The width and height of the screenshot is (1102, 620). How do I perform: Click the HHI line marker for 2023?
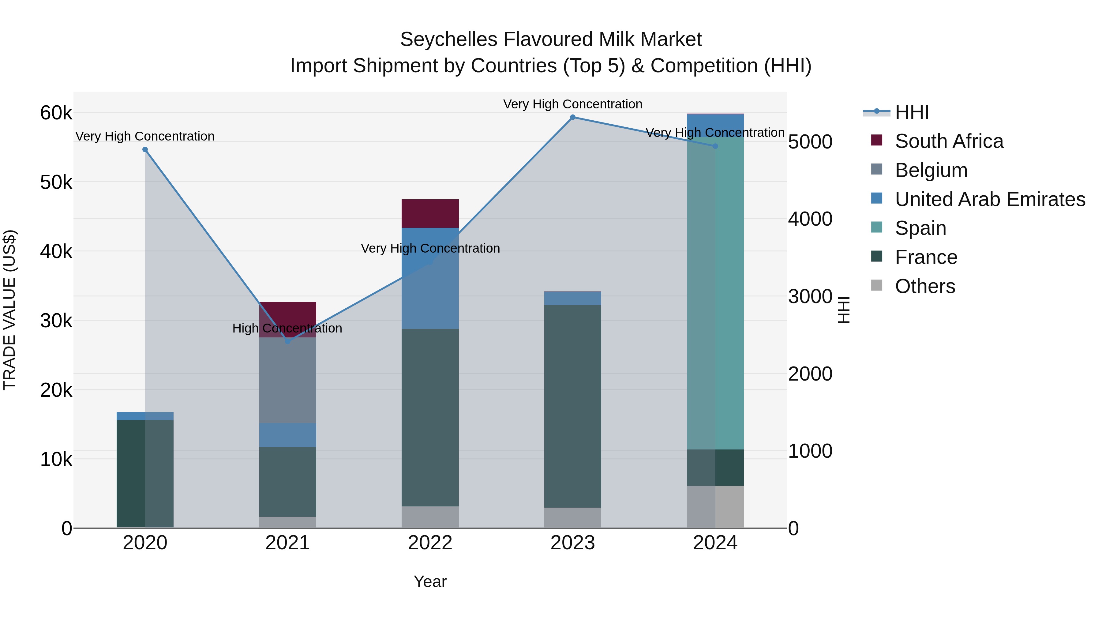572,117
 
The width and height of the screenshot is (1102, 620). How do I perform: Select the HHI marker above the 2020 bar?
145,150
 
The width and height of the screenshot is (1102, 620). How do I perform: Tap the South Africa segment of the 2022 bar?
430,213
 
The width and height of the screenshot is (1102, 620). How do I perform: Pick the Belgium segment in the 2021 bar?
287,380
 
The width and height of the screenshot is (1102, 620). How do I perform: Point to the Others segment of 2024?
715,507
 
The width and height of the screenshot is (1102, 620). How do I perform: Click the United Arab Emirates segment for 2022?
430,278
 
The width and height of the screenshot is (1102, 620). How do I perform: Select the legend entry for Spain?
920,228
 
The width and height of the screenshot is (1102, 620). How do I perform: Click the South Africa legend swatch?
877,140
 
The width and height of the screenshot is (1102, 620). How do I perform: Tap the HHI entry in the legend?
912,112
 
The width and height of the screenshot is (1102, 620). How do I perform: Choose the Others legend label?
925,286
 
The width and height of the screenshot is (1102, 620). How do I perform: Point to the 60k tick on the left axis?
56,113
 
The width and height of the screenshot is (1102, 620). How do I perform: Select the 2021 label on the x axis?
287,543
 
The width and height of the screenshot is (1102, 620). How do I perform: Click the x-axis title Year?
430,581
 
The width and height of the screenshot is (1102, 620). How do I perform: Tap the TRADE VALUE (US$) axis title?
10,310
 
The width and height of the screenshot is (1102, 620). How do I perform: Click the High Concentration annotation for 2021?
287,328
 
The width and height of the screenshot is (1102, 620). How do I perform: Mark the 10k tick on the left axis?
56,460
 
